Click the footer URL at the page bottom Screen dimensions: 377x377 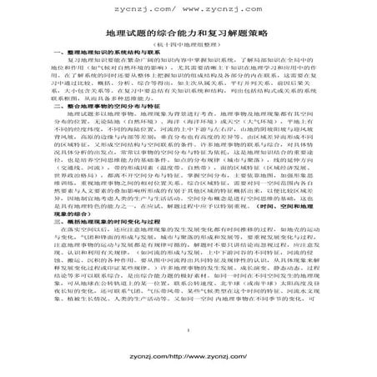tap(188, 364)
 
